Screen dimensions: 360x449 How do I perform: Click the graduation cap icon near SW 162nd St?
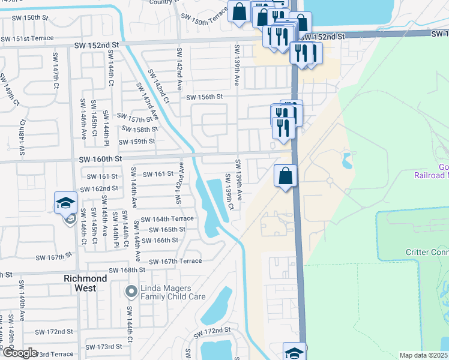[66, 203]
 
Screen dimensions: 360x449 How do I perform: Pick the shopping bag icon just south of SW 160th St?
[286, 176]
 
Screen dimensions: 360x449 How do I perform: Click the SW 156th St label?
[204, 97]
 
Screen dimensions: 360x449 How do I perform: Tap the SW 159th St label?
[137, 142]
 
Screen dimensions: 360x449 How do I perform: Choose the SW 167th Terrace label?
[175, 262]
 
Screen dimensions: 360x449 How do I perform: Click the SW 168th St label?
[121, 270]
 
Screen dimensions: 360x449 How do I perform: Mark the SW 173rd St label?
[104, 347]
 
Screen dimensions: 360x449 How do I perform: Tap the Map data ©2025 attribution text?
[423, 355]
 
